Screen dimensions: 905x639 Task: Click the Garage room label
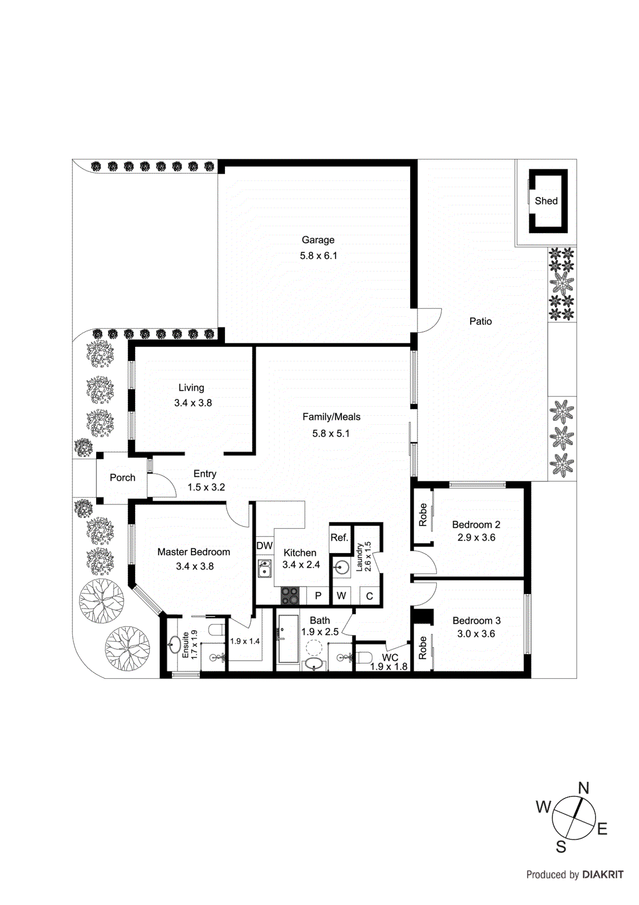pyautogui.click(x=318, y=240)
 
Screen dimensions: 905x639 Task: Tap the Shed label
pyautogui.click(x=546, y=201)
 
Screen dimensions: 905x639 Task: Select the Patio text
pyautogui.click(x=480, y=321)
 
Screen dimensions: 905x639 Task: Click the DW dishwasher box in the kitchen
pyautogui.click(x=264, y=546)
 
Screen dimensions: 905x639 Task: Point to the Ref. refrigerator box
pyautogui.click(x=339, y=537)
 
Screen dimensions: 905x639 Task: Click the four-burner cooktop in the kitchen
pyautogui.click(x=290, y=596)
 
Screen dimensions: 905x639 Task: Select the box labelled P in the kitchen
pyautogui.click(x=318, y=596)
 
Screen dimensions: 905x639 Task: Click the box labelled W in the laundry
pyautogui.click(x=341, y=596)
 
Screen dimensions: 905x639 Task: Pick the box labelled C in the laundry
pyautogui.click(x=370, y=596)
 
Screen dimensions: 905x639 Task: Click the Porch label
pyautogui.click(x=123, y=477)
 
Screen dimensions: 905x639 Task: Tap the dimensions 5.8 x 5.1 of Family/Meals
pyautogui.click(x=331, y=433)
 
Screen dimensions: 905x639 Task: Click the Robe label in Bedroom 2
pyautogui.click(x=423, y=515)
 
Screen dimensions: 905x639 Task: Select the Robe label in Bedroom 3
pyautogui.click(x=423, y=648)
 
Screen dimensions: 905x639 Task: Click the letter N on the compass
pyautogui.click(x=584, y=788)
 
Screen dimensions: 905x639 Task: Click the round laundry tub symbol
pyautogui.click(x=341, y=568)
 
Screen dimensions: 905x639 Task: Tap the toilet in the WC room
pyautogui.click(x=362, y=657)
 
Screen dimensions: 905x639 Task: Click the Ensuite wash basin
pyautogui.click(x=175, y=644)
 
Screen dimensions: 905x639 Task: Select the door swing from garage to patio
pyautogui.click(x=429, y=320)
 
